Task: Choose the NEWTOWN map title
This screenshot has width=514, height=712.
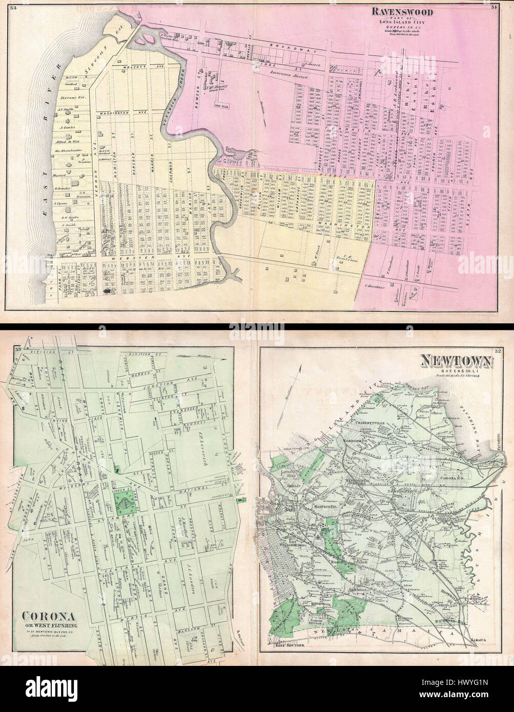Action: coord(456,363)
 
